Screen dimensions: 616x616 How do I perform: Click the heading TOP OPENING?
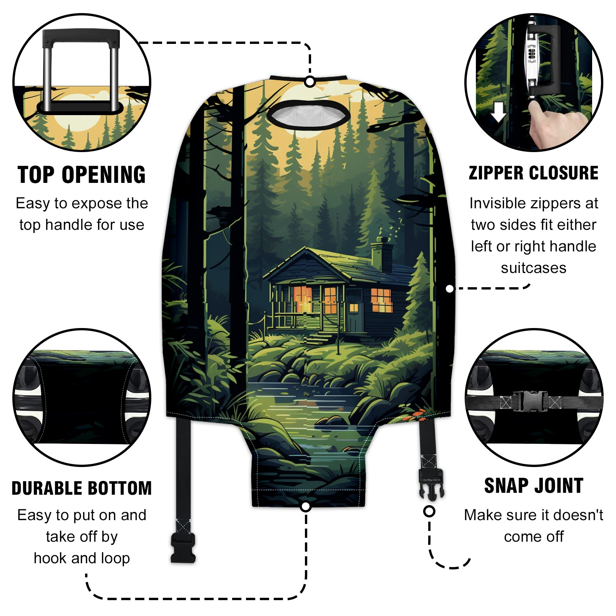82,175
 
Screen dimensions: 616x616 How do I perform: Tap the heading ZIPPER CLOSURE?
534,173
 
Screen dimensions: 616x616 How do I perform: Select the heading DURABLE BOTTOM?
82,488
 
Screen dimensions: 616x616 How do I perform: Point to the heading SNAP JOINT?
534,485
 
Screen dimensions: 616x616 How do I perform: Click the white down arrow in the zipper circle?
499,112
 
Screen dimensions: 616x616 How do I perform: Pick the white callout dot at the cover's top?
310,82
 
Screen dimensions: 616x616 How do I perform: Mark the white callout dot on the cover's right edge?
449,289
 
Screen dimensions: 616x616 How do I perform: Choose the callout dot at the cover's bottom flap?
306,506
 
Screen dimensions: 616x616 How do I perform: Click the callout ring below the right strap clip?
429,512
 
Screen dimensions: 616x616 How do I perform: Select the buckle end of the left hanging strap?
183,548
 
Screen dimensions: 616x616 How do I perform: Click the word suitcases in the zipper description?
534,268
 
